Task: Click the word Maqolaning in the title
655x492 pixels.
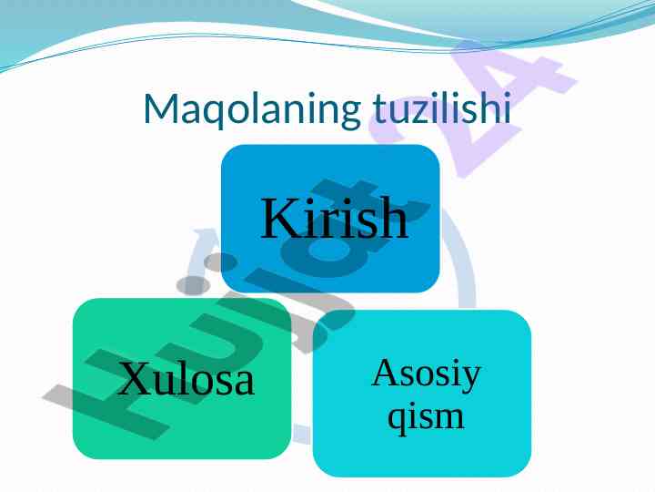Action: pos(252,109)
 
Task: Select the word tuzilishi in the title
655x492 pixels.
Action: pos(442,108)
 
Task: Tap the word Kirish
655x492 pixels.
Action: pos(334,218)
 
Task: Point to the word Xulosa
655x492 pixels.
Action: pos(186,378)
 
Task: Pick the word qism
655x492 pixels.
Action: pos(426,417)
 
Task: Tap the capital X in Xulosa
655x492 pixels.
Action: pos(135,378)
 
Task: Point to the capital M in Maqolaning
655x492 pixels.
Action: pos(161,108)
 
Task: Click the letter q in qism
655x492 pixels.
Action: pos(397,420)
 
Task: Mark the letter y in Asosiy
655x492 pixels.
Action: pos(471,380)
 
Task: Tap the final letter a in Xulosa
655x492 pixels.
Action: pos(245,384)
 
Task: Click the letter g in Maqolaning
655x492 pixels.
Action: pos(349,113)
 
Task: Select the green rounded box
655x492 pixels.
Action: pos(182,379)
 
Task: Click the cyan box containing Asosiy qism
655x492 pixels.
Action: pos(422,394)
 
